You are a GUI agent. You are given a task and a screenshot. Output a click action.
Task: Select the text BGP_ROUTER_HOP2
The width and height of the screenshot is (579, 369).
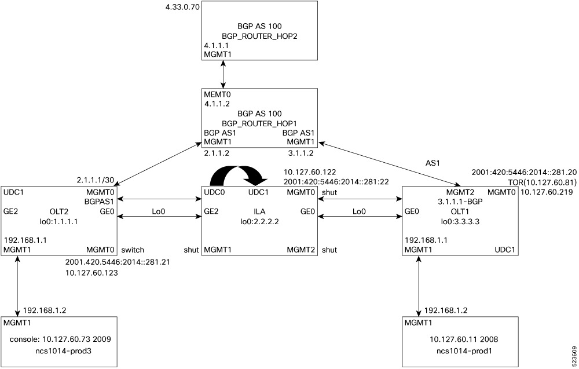(x=259, y=35)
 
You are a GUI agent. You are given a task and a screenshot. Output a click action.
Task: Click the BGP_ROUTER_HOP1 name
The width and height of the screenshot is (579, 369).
(x=259, y=123)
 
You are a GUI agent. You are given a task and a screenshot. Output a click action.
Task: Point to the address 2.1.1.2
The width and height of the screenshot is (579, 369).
(x=217, y=154)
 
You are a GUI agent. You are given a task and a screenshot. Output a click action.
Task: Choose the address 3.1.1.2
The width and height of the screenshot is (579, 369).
(x=301, y=154)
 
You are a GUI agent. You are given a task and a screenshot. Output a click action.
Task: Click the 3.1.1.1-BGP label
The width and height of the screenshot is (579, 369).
(x=460, y=201)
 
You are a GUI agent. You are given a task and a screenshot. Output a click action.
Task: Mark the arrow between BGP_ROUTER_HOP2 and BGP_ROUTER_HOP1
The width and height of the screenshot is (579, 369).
(x=223, y=74)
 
